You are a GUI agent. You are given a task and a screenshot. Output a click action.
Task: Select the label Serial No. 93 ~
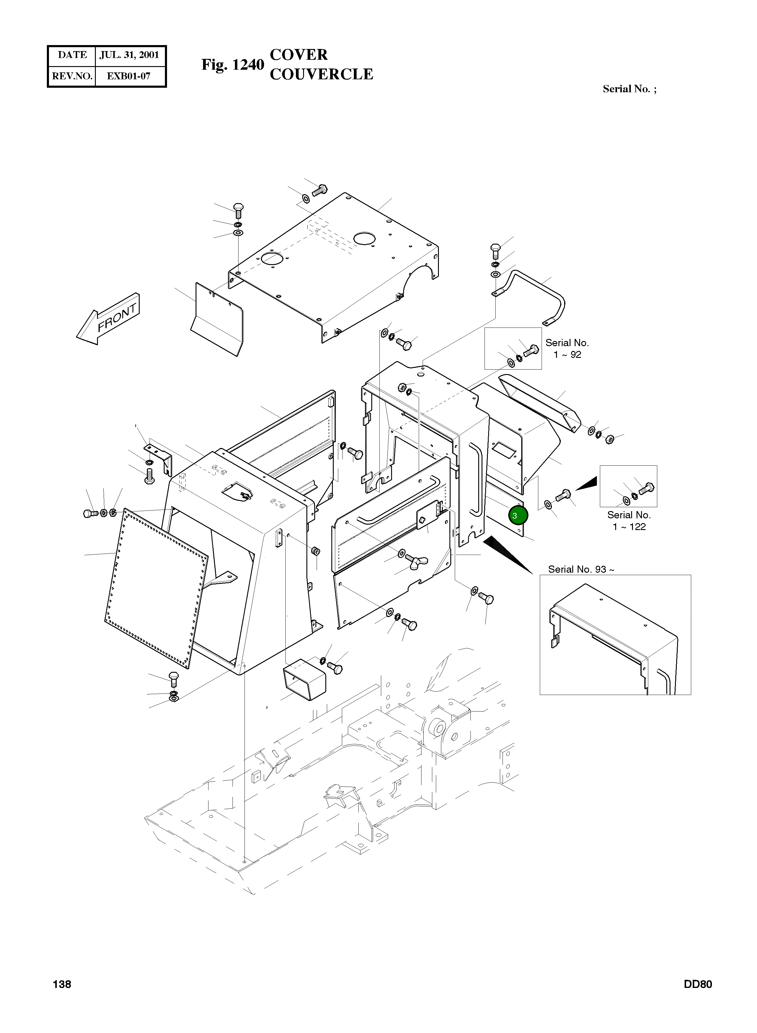[581, 569]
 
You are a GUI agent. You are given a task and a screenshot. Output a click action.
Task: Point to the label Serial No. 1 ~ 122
[629, 521]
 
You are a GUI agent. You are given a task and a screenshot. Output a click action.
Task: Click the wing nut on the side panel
[418, 559]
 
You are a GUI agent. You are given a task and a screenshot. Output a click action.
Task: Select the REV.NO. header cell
[72, 76]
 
